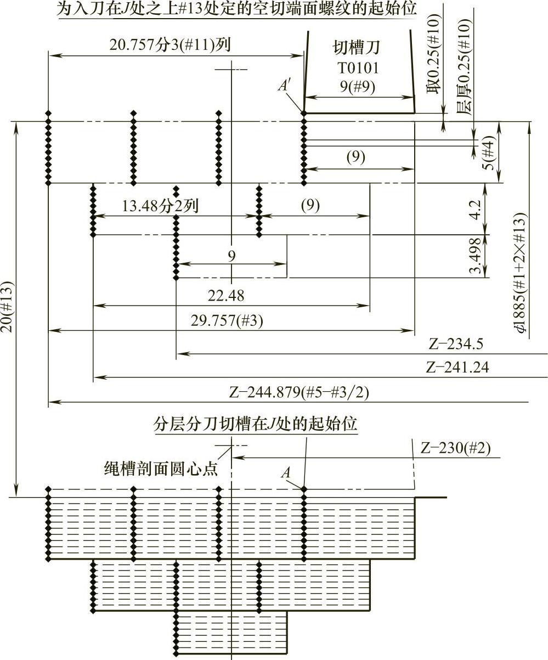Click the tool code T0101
[x=357, y=68]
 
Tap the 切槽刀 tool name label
[x=357, y=49]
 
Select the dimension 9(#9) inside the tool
[x=357, y=86]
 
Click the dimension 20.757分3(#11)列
[x=169, y=44]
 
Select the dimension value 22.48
[x=226, y=296]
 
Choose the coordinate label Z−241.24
[x=457, y=368]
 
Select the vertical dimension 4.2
[x=476, y=210]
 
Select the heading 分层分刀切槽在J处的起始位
[x=255, y=424]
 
